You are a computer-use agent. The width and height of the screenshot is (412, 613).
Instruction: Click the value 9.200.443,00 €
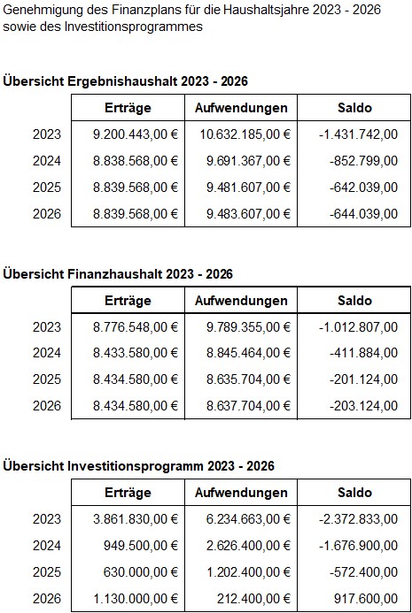click(x=135, y=134)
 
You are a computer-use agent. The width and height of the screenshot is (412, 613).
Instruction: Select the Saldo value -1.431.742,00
click(x=358, y=134)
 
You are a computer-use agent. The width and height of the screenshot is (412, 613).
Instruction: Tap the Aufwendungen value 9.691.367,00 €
click(x=248, y=161)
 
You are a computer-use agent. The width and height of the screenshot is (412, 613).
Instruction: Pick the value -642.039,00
click(x=363, y=188)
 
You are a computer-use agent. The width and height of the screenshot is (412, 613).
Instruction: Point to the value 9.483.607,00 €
click(x=248, y=214)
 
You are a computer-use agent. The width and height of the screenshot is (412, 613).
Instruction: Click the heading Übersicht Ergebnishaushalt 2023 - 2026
click(x=125, y=81)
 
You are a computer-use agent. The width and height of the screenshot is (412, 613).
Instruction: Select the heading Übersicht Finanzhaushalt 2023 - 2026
click(x=118, y=273)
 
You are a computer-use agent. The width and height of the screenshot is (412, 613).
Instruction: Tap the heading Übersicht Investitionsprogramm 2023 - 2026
click(x=138, y=466)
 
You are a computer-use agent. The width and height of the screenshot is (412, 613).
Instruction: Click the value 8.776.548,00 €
click(x=135, y=326)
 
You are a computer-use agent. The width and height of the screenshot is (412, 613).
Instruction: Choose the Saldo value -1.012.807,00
click(x=358, y=326)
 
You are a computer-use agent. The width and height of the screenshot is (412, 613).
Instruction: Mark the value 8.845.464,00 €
click(x=248, y=353)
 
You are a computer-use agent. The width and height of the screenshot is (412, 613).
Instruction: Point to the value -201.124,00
click(x=363, y=379)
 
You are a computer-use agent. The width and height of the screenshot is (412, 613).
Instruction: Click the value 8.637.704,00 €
click(x=248, y=406)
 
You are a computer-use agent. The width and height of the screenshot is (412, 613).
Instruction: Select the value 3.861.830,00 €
click(x=135, y=519)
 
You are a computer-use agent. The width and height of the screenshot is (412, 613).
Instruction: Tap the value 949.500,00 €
click(x=141, y=546)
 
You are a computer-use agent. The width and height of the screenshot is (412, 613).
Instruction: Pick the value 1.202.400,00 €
click(x=248, y=572)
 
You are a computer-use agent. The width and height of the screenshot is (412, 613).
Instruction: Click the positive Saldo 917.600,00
click(x=366, y=599)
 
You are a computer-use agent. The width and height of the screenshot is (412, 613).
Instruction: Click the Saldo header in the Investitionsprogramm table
click(x=354, y=493)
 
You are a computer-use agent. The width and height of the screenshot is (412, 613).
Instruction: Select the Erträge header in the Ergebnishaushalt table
click(x=128, y=108)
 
